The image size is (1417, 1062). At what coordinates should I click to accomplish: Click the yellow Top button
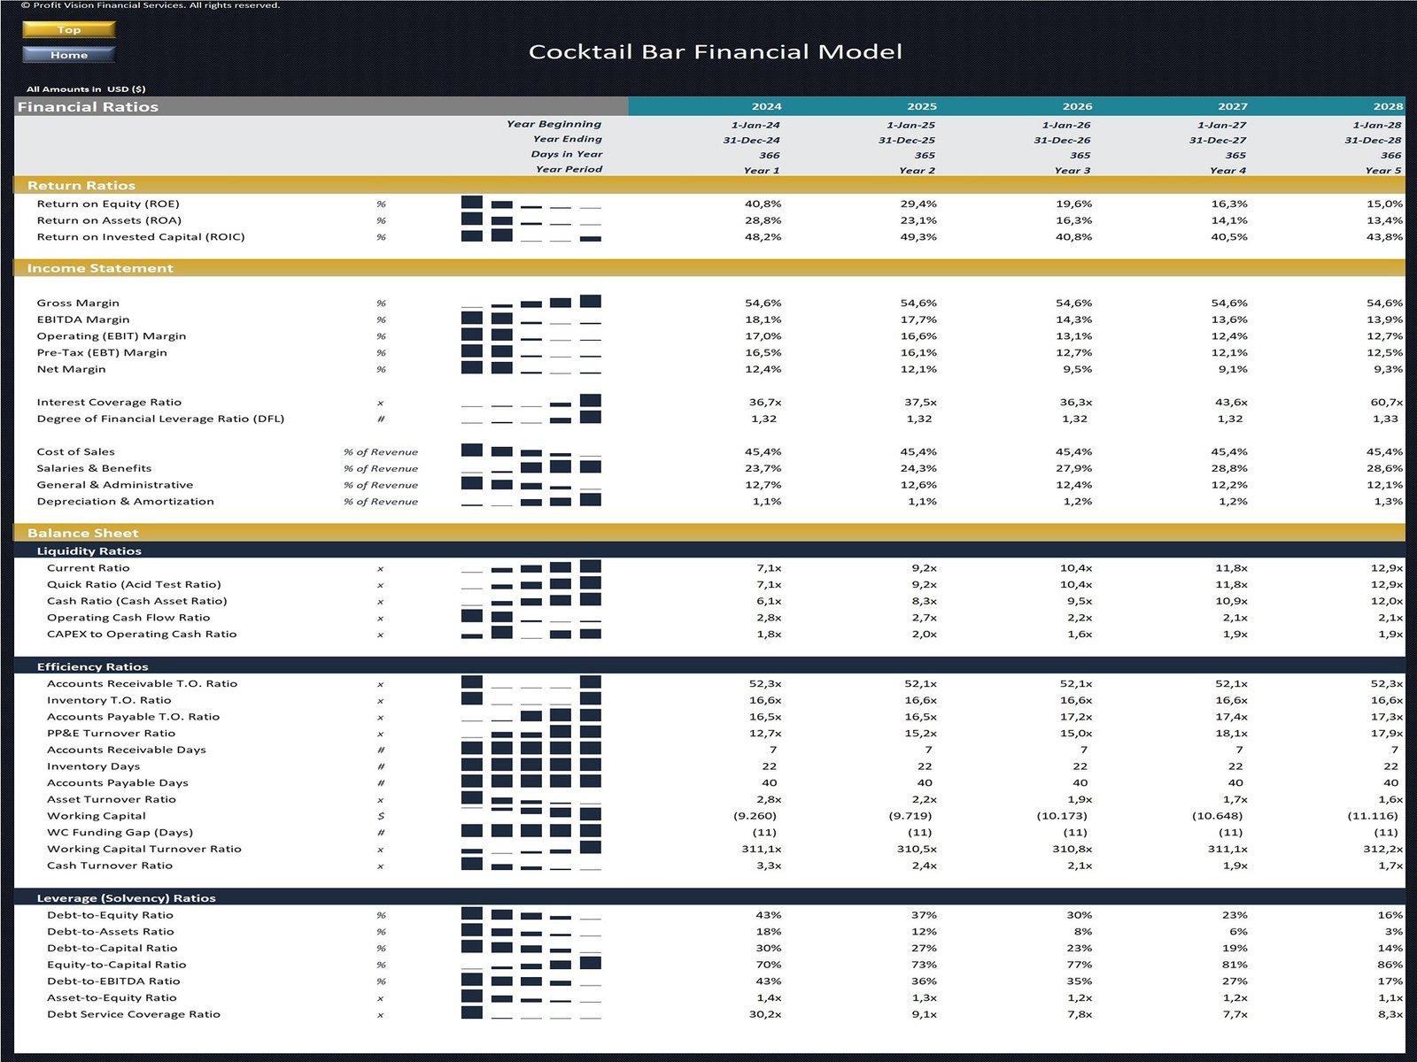(x=68, y=29)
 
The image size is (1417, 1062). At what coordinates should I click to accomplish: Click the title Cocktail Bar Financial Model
(x=715, y=51)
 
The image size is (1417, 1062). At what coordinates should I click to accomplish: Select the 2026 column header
(x=1077, y=106)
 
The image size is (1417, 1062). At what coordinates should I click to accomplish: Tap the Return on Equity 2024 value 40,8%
(x=763, y=204)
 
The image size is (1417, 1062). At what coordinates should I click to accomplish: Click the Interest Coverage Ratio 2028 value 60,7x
(x=1386, y=402)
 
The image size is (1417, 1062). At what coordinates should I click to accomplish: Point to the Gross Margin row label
(x=78, y=303)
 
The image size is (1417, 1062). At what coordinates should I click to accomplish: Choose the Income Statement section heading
(x=100, y=268)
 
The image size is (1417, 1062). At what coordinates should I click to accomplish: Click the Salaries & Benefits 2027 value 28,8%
(x=1228, y=468)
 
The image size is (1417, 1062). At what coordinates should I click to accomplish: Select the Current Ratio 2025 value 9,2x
(x=924, y=568)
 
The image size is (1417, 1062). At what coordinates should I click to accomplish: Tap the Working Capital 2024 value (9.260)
(x=755, y=816)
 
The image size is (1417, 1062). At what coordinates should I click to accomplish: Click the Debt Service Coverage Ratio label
(x=134, y=1014)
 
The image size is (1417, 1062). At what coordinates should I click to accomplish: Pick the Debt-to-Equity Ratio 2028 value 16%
(x=1390, y=915)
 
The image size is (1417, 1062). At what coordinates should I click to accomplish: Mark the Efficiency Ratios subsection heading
(x=92, y=666)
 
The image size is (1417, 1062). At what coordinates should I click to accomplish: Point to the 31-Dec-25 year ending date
(x=906, y=140)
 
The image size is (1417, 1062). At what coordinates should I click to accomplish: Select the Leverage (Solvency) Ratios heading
(x=126, y=897)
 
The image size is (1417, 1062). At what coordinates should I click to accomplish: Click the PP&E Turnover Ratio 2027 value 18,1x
(x=1231, y=733)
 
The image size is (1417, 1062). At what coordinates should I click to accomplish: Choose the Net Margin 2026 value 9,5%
(x=1075, y=369)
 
